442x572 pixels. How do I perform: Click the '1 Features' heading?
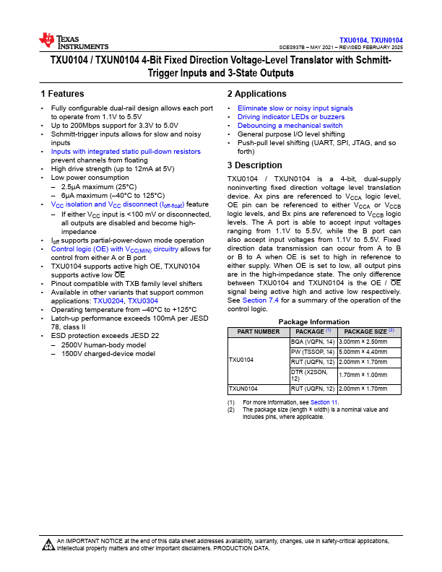(x=63, y=94)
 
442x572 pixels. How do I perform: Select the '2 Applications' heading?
(x=256, y=94)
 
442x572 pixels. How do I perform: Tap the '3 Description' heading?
(x=254, y=165)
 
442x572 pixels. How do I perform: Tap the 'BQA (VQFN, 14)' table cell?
(x=312, y=341)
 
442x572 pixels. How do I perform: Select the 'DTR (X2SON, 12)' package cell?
(x=312, y=376)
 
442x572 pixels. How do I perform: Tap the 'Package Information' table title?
(x=314, y=321)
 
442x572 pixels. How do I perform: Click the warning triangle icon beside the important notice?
(x=48, y=545)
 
